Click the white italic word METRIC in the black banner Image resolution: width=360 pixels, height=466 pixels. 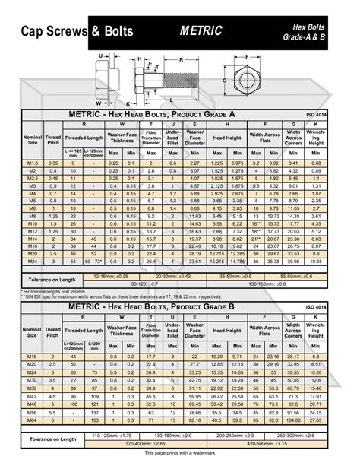click(x=201, y=31)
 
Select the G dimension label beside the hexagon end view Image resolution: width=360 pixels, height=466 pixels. click(x=225, y=79)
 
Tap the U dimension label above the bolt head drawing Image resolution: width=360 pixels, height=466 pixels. click(x=101, y=55)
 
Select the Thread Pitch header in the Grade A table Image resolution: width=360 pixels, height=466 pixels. click(x=53, y=138)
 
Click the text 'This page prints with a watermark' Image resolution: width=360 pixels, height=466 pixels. click(x=181, y=454)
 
